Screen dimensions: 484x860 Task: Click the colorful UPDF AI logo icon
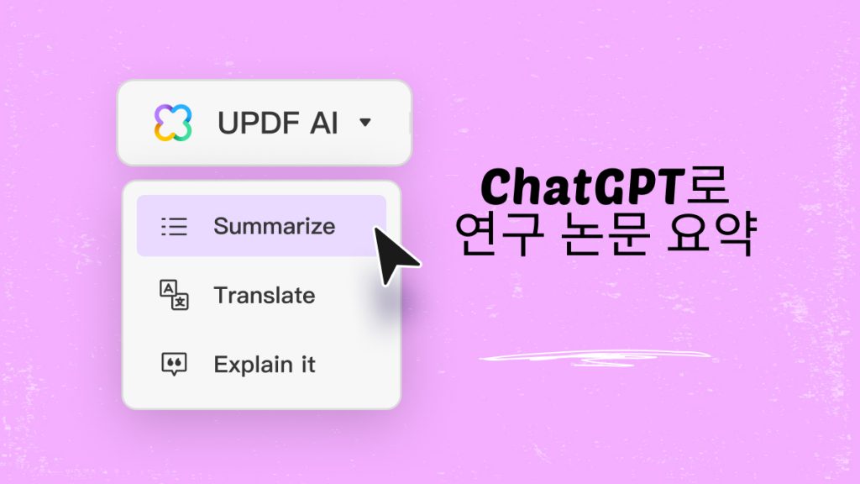(x=173, y=123)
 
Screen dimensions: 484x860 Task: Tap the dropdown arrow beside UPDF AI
(x=364, y=123)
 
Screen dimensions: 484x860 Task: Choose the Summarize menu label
(x=274, y=226)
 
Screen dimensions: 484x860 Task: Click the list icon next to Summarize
(x=174, y=226)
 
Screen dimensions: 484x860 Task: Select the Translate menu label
(x=264, y=296)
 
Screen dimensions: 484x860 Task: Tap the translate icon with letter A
(x=174, y=296)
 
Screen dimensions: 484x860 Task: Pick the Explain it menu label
(x=264, y=365)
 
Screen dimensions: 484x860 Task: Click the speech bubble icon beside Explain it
(x=174, y=365)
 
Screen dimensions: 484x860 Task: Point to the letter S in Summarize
(x=220, y=226)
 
